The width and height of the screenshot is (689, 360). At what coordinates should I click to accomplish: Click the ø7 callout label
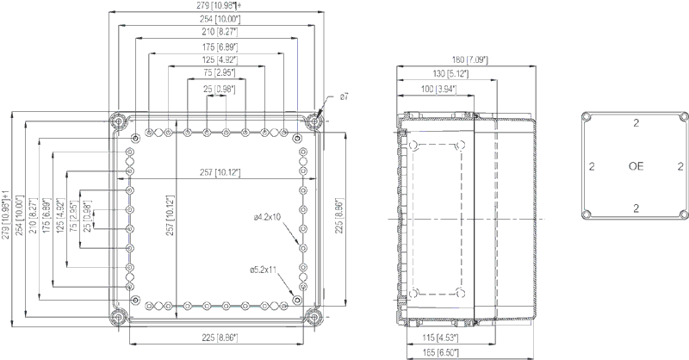(x=344, y=97)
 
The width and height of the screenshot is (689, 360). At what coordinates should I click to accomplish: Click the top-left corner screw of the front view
(x=120, y=120)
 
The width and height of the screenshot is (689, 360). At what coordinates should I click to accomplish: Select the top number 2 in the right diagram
(x=636, y=124)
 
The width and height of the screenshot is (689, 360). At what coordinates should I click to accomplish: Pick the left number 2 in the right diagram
(x=591, y=165)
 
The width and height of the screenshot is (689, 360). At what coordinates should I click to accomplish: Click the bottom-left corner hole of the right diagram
(x=586, y=213)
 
